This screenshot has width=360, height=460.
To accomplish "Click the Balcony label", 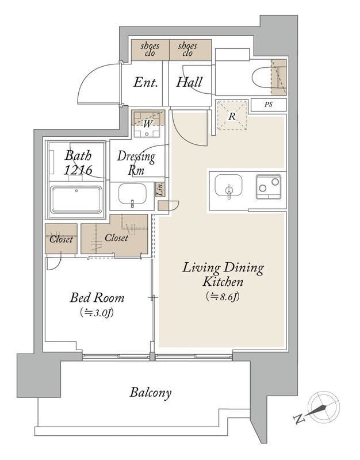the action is [x=151, y=393].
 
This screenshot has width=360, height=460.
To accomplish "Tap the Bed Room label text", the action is [x=97, y=298].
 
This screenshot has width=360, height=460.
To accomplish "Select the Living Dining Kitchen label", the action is [x=223, y=275].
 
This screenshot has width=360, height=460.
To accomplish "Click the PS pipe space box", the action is [x=269, y=105].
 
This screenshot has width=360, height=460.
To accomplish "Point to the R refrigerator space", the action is [x=232, y=116].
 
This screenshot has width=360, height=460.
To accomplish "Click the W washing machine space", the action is [x=148, y=124].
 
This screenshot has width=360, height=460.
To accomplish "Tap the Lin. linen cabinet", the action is [x=160, y=190].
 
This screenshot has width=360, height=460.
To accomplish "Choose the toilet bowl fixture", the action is [x=265, y=78].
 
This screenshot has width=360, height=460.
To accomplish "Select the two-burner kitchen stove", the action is [x=269, y=187].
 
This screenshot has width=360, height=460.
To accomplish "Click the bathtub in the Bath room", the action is [x=76, y=200].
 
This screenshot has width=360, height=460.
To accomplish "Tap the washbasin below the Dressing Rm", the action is [x=132, y=194].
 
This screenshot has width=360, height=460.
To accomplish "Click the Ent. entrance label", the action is [x=145, y=82].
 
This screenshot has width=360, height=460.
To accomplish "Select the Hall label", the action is [x=189, y=82].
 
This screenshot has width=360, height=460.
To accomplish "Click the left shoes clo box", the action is [x=150, y=50].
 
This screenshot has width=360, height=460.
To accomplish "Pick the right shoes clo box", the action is [x=190, y=50].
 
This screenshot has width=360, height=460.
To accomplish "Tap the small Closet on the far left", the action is [x=61, y=239].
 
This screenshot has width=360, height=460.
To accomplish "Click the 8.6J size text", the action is [x=223, y=297].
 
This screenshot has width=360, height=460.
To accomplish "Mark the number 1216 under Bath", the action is [x=78, y=170].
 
